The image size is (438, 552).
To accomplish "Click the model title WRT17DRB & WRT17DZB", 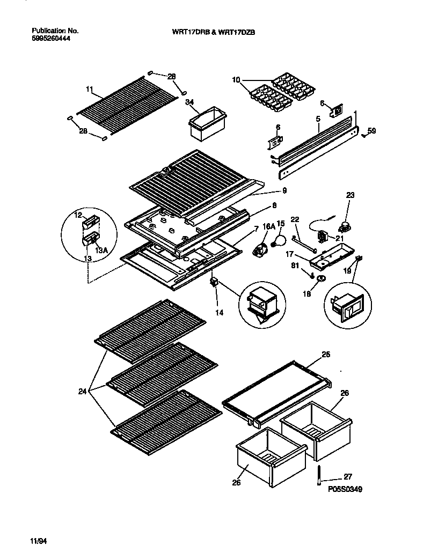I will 213,32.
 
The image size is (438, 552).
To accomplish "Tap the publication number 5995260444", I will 51,39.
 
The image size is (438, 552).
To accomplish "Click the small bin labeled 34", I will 206,124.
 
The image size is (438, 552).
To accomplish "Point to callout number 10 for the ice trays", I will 236,80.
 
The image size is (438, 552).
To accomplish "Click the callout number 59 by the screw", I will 371,129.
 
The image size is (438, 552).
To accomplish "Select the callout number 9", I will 284,190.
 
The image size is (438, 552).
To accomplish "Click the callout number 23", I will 350,196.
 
